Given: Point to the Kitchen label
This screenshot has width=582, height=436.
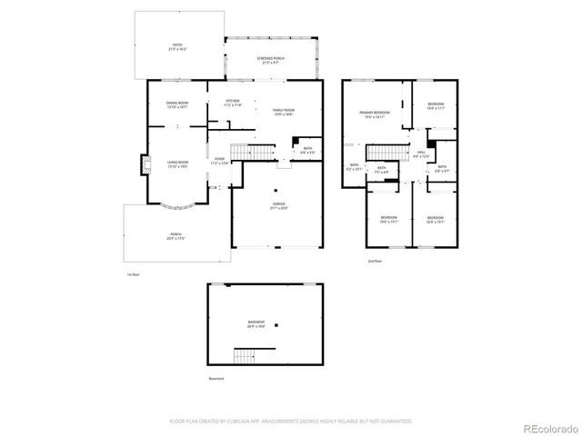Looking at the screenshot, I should click(x=233, y=103).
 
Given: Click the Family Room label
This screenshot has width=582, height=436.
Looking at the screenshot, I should click(x=285, y=112).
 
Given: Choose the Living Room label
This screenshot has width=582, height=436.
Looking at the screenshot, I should click(x=177, y=164).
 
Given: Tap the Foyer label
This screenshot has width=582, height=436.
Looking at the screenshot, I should click(x=219, y=161).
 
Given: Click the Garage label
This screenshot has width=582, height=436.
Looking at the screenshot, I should click(x=278, y=206).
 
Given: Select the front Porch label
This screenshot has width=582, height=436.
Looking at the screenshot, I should click(x=175, y=236).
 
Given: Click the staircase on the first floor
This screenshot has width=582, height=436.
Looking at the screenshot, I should click(x=252, y=153).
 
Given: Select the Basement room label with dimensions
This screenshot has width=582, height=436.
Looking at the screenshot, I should click(x=257, y=323).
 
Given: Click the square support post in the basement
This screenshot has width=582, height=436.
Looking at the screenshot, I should click(x=280, y=324).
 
